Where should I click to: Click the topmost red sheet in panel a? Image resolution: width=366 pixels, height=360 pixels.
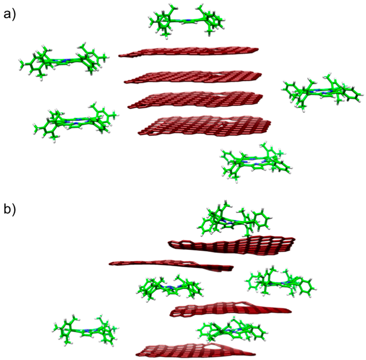[189, 51]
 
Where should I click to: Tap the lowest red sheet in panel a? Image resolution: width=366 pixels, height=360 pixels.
[204, 125]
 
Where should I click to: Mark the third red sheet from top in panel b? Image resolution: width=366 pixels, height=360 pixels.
[229, 309]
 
